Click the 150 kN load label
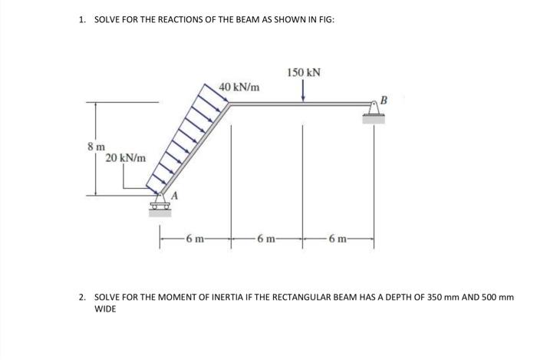(304, 73)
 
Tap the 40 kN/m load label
(239, 87)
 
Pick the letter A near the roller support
(174, 196)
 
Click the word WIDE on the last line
(106, 309)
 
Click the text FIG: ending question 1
(324, 18)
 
